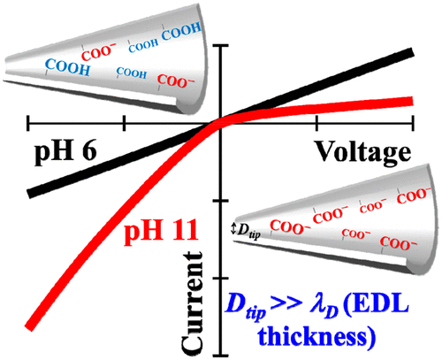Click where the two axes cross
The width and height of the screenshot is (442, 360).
219,123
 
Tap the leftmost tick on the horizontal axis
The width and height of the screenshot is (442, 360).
29,123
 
